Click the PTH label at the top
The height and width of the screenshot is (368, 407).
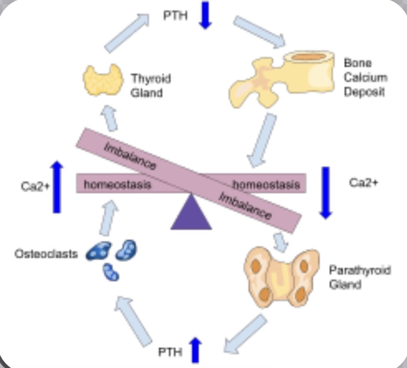coord(176,15)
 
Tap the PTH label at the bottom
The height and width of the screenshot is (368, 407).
coord(170,352)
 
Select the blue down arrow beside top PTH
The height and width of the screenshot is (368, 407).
coord(205,15)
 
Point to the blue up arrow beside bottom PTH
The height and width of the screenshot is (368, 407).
coord(196,350)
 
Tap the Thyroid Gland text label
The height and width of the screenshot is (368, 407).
coord(150,85)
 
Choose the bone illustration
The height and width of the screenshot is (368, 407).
coord(281,78)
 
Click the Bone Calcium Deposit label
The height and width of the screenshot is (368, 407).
coord(365,77)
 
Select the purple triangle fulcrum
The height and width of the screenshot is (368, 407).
coord(191,212)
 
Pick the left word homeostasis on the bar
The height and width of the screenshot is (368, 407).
coord(117,184)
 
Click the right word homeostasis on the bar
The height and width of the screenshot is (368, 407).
coord(266,185)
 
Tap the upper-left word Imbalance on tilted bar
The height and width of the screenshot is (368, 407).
coord(130,156)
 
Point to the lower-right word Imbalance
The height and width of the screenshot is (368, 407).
coord(245,206)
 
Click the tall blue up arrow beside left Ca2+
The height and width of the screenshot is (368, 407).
coord(57,187)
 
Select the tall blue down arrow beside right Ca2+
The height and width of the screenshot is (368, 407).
coord(326,193)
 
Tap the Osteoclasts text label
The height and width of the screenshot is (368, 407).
coord(46,254)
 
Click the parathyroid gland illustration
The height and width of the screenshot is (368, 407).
coord(282,278)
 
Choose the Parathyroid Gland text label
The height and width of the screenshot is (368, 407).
coord(360,277)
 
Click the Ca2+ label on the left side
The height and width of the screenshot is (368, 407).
coord(35,186)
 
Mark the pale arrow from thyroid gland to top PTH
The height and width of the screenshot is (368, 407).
coord(127,33)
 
